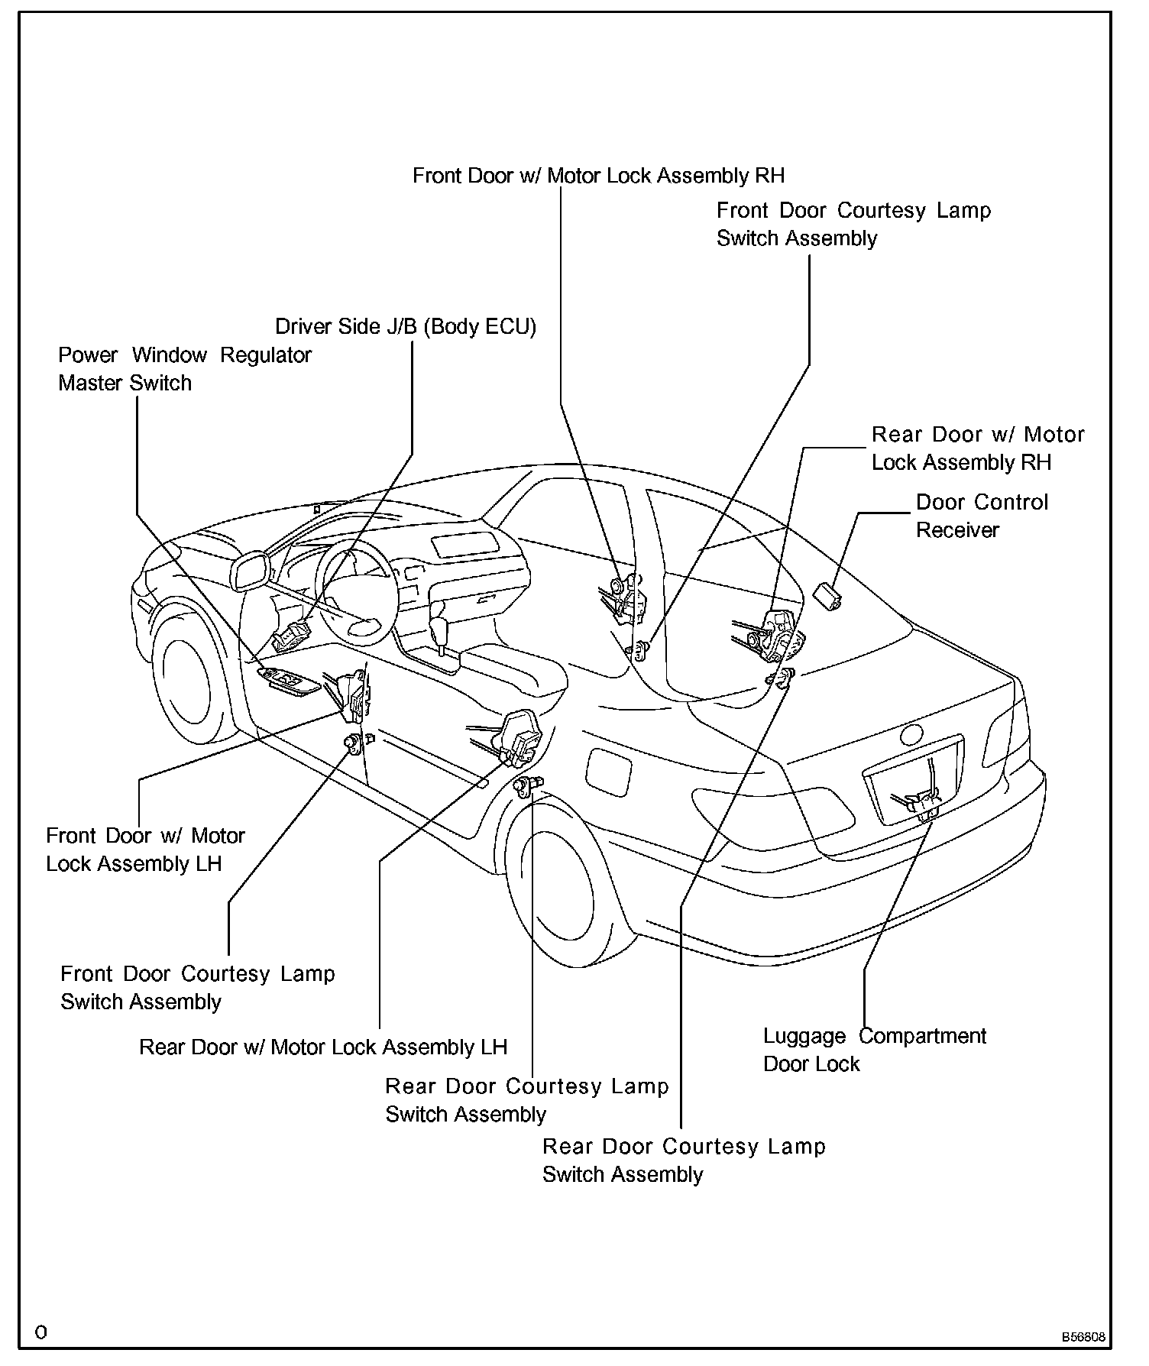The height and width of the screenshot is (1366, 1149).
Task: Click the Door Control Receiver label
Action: [982, 516]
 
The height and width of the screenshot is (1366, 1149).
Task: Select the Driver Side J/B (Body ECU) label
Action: [406, 327]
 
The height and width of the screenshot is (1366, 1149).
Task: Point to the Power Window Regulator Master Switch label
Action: [185, 368]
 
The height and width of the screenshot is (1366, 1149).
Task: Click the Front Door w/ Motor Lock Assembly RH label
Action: [598, 176]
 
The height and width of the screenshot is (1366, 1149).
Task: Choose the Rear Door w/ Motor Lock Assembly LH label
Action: [323, 1047]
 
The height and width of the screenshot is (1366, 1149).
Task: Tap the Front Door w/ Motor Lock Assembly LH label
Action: [145, 850]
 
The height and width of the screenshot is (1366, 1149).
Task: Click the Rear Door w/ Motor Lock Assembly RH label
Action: [978, 448]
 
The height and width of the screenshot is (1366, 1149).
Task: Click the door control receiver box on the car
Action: [827, 594]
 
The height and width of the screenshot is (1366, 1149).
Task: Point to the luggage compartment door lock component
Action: [921, 802]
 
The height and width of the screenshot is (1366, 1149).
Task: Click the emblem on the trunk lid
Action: [911, 735]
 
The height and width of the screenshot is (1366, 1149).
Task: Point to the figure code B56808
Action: [1082, 1338]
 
